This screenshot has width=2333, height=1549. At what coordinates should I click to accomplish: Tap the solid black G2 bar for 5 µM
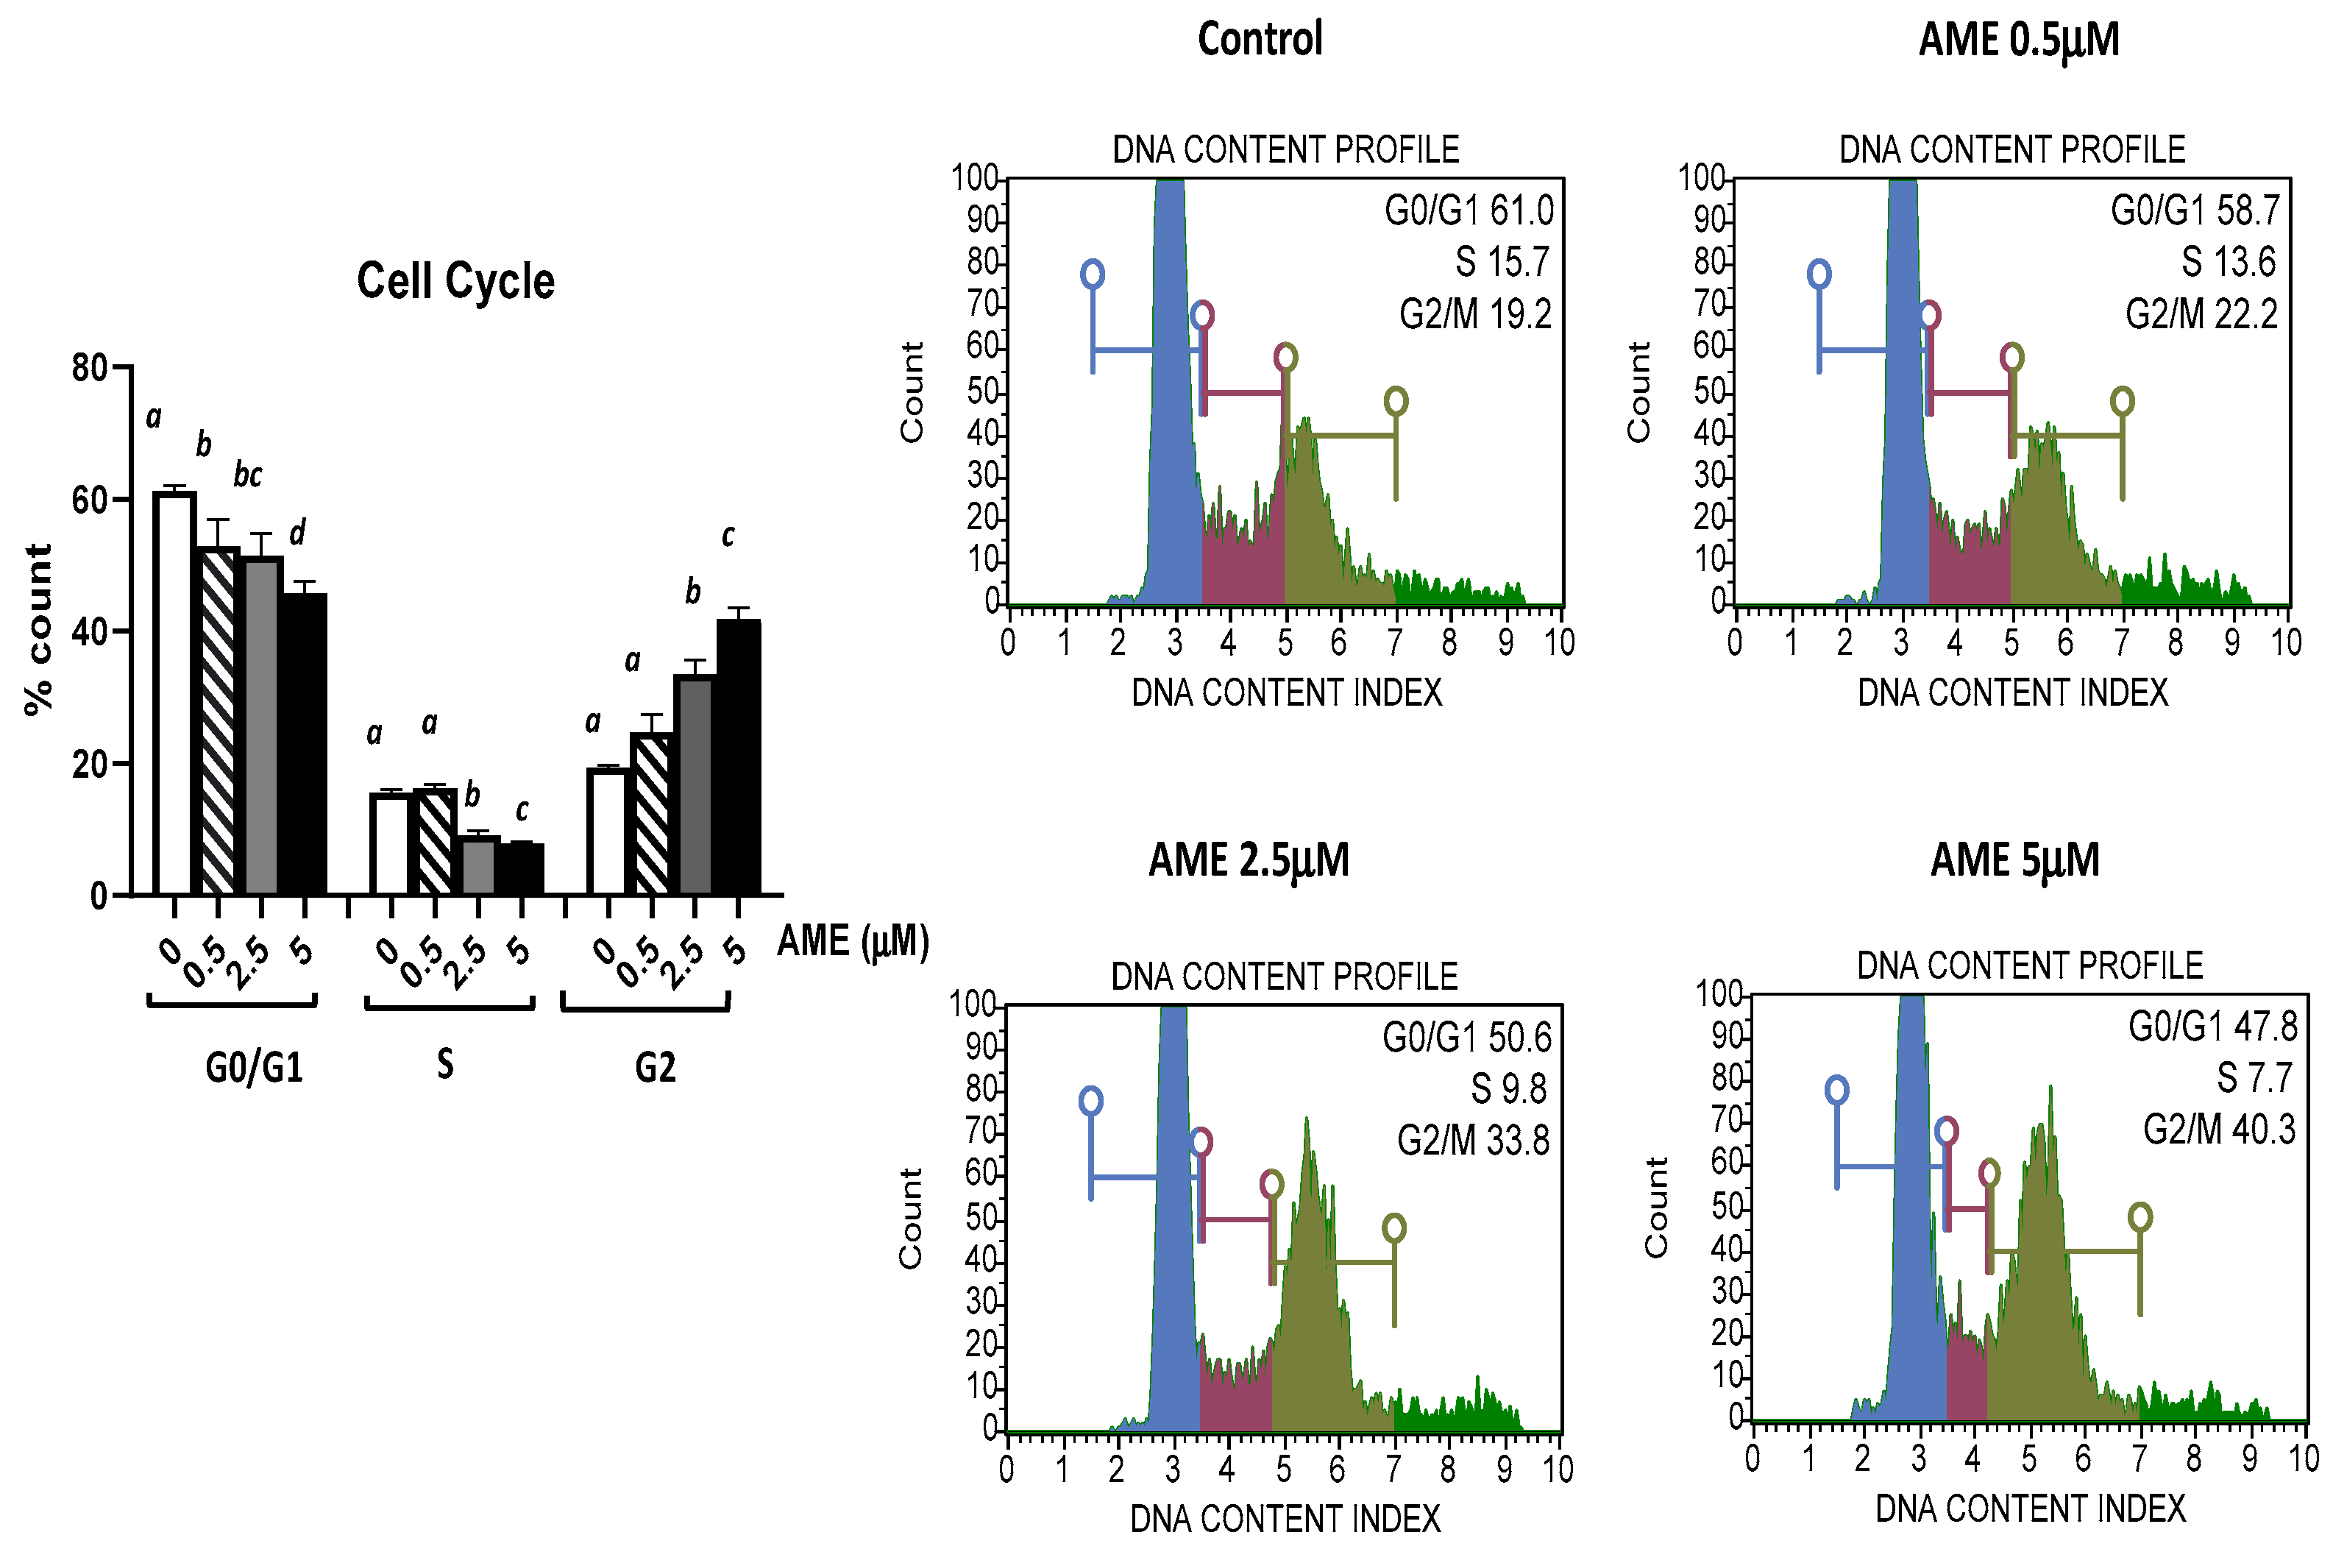point(738,756)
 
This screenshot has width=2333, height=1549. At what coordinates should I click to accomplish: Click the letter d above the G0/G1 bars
point(297,534)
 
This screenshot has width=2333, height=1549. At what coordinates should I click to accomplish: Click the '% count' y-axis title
point(38,629)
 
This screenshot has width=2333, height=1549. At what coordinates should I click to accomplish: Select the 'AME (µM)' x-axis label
point(853,940)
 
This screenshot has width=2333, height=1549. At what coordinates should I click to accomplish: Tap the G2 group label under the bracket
point(655,1068)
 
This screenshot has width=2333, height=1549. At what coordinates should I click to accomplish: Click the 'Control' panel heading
point(1260,40)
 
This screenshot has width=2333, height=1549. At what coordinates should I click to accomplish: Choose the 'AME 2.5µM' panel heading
point(1249,859)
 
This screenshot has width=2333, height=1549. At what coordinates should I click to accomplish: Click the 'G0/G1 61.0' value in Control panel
point(1469,211)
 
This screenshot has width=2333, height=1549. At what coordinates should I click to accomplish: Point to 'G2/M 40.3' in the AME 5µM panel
point(2218,1129)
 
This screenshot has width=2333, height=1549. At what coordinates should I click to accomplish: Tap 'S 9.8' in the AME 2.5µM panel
point(1508,1088)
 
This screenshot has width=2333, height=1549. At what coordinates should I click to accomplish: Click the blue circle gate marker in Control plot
point(1091,274)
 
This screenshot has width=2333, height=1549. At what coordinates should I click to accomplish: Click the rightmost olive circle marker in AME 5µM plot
point(2140,1216)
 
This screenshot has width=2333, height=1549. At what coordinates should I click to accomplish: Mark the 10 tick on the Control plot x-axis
point(1558,643)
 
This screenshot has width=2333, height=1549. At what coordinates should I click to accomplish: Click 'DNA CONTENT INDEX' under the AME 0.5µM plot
point(2012,692)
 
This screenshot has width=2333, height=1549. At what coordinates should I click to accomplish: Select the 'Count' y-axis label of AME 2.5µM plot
point(909,1218)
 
